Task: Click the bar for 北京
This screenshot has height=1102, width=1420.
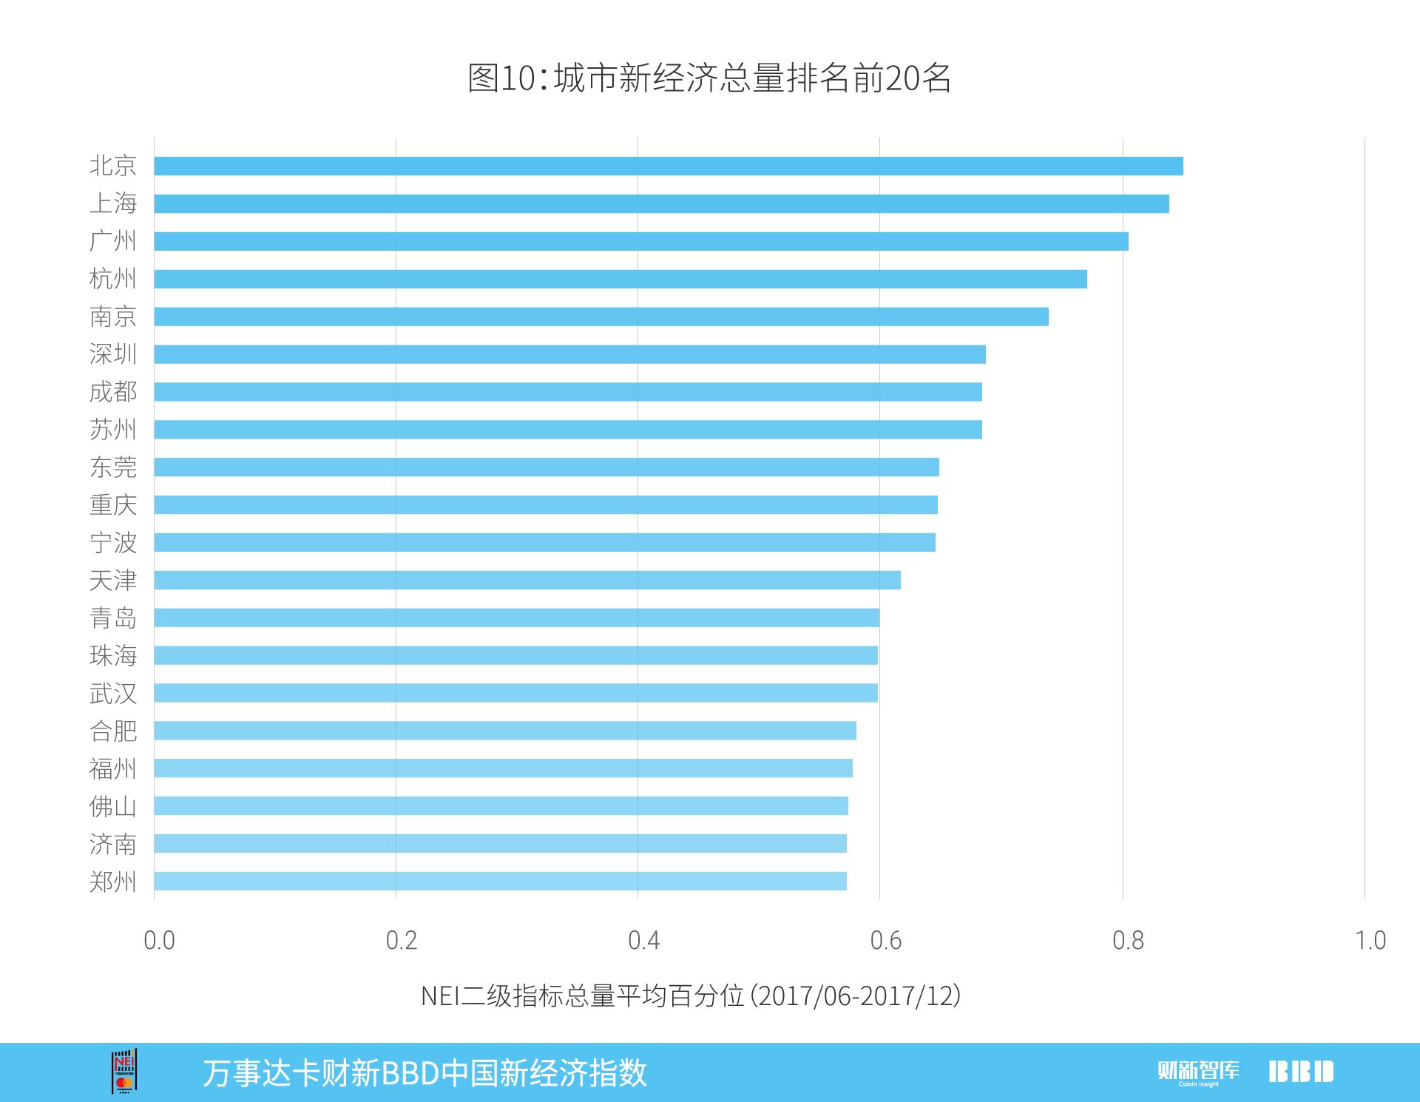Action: tap(668, 166)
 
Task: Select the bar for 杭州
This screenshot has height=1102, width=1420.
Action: tap(620, 279)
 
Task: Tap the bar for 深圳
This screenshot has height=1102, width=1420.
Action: tap(569, 354)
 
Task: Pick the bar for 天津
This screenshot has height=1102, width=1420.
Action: tap(527, 580)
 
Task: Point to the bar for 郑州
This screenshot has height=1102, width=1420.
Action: tap(500, 881)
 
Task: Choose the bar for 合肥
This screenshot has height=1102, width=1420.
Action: tap(504, 731)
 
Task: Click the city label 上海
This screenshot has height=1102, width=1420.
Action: tap(113, 203)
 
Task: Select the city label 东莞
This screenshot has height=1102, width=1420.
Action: tap(113, 467)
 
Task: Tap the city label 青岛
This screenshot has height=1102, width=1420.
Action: tap(113, 618)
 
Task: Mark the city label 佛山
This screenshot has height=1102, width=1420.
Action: tap(113, 806)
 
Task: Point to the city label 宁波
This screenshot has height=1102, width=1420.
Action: tap(113, 543)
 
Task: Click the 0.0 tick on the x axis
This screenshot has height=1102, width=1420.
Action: tap(159, 941)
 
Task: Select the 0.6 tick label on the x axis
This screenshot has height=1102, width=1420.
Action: tap(885, 941)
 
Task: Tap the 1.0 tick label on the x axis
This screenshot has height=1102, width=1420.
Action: tap(1370, 941)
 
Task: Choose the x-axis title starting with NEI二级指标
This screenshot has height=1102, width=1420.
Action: tap(690, 996)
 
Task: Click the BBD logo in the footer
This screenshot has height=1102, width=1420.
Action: tap(1301, 1072)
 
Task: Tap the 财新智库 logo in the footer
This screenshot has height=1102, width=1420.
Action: tap(1198, 1072)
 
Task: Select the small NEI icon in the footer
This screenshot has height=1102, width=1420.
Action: tap(124, 1071)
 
